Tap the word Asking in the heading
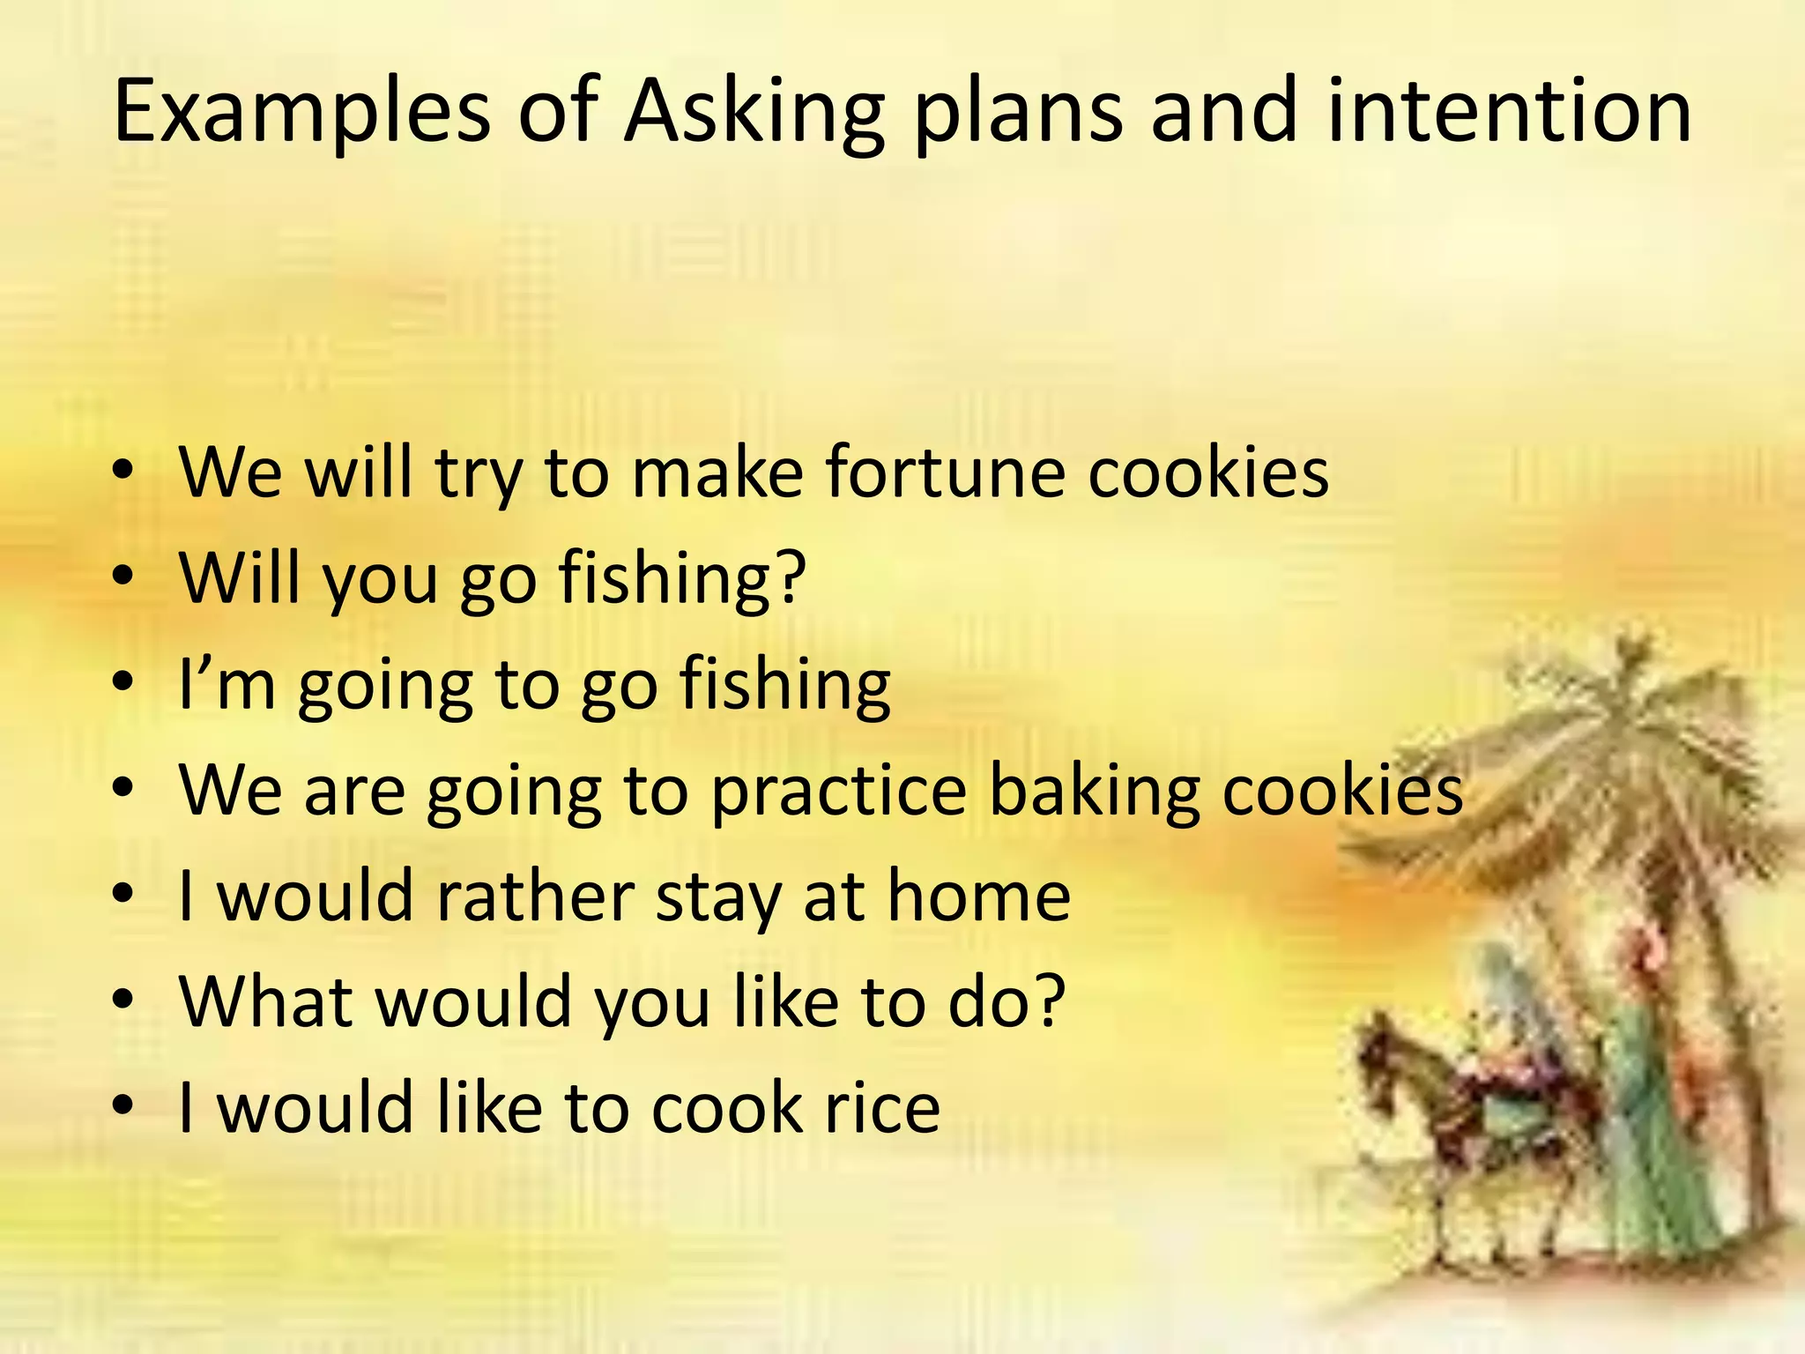(x=754, y=112)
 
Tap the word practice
(x=838, y=791)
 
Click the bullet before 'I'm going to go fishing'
(x=123, y=682)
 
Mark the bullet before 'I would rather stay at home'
(x=123, y=895)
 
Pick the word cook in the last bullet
(x=726, y=1107)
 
